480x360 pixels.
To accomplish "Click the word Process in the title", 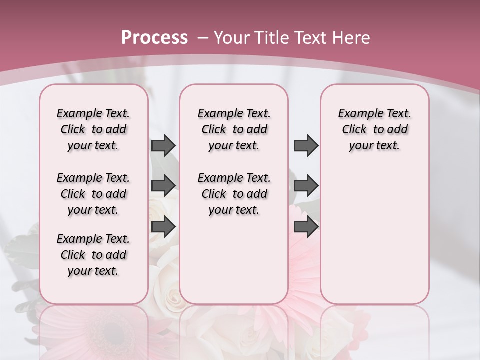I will [x=154, y=38].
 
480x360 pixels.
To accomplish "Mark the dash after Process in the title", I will [x=202, y=38].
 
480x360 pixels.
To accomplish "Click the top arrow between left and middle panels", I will [x=163, y=145].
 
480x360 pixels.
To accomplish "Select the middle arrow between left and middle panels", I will [x=163, y=186].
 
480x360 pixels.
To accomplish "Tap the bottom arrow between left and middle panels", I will [x=163, y=227].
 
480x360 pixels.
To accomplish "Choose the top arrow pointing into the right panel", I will [x=306, y=145].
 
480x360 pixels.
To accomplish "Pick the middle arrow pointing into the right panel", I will [x=306, y=186].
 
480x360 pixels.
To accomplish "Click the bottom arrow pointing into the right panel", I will [x=306, y=227].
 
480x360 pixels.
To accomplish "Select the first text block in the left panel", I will [x=93, y=129].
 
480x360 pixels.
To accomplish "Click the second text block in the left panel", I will [x=93, y=194].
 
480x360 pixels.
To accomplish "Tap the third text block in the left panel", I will [x=93, y=255].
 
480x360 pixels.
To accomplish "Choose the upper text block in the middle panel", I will [x=234, y=129].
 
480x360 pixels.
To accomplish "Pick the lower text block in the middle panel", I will [x=234, y=194].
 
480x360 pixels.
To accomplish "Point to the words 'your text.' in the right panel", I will [x=374, y=146].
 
